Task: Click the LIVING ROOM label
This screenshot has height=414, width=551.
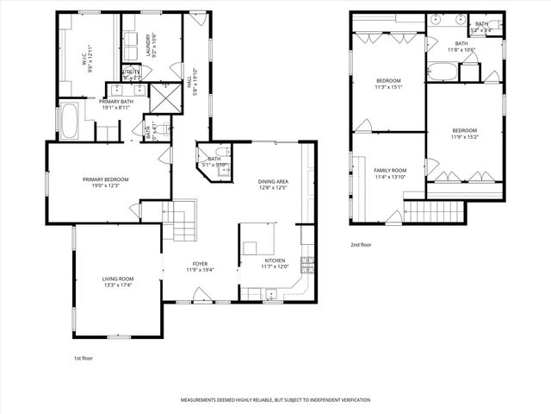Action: click(x=118, y=278)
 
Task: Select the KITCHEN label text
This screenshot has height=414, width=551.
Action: click(x=275, y=260)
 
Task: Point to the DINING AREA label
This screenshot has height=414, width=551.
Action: click(x=272, y=181)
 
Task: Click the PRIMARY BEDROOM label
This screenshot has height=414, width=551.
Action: click(x=105, y=179)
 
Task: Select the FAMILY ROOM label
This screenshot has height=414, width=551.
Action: click(x=390, y=171)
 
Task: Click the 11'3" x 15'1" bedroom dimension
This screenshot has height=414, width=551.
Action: click(x=389, y=86)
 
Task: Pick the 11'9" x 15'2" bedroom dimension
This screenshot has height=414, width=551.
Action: click(x=465, y=135)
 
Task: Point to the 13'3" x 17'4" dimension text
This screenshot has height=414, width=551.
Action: click(x=118, y=285)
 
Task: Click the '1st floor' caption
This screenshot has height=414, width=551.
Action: click(x=84, y=356)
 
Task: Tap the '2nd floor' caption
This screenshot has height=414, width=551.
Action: click(x=362, y=244)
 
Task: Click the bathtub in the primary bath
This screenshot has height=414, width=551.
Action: click(x=68, y=122)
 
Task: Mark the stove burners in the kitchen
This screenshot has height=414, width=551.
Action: click(x=306, y=262)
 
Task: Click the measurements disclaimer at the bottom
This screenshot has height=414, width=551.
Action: click(x=275, y=400)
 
